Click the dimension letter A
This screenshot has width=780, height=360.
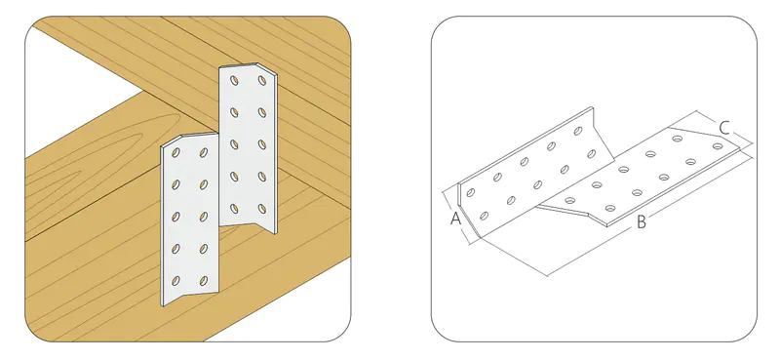[455, 219]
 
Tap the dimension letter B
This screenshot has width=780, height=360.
[642, 222]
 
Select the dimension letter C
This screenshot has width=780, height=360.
[724, 129]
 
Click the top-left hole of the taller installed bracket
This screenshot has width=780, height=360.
[234, 80]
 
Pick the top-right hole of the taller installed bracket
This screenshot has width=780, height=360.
[262, 80]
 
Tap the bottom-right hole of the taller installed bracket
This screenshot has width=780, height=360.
[262, 209]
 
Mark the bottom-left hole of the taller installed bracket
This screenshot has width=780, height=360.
[234, 209]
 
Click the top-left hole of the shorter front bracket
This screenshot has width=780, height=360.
[175, 153]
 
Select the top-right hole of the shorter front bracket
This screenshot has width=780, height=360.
[204, 152]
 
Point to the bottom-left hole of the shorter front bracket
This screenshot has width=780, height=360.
[175, 281]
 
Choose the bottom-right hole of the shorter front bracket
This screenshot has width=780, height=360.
[204, 280]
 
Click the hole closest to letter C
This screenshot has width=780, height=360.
[718, 146]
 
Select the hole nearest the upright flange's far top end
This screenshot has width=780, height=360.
[578, 131]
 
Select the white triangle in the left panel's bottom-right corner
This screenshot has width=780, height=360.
[308, 314]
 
